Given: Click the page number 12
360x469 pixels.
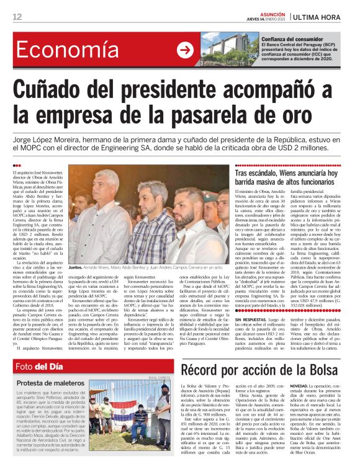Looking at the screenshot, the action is point(17,16).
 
